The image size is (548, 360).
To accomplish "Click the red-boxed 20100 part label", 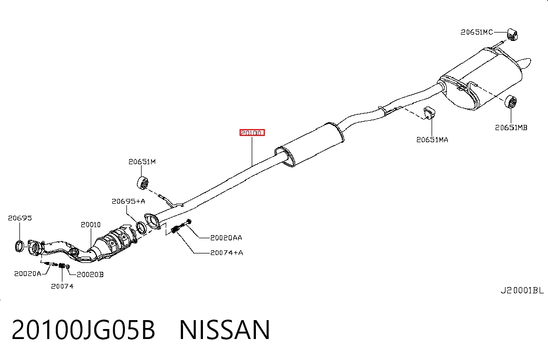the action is pos(252,133).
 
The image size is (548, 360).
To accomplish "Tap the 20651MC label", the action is pos(477,32).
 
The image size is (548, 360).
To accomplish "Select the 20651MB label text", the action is pos(511,128).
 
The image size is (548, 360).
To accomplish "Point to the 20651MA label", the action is pos(432,140).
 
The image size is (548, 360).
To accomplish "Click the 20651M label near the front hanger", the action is pos(142,162).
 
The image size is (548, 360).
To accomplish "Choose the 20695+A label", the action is pos(128,201).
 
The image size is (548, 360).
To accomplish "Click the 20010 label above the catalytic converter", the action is pos(91,225).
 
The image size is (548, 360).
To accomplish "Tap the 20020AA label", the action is pos(226,238).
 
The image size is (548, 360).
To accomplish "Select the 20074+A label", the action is pos(227,252).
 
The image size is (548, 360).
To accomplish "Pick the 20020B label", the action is pos(90,274).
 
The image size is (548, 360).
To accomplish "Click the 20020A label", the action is pos(28,273).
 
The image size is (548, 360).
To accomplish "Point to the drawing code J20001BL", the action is pos(522,290).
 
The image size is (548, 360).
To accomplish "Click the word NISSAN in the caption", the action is pos(225,330).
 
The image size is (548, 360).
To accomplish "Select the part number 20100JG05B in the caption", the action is pos(83,330).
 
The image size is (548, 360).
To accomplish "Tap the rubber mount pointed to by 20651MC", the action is pos(512,34).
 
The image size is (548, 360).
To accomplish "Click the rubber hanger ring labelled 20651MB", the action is pos(511,101).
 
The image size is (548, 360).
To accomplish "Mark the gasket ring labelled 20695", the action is pos(19,246).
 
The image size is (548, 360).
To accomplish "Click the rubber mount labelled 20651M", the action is pos(143,184).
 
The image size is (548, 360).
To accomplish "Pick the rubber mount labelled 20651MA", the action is pos(429,113).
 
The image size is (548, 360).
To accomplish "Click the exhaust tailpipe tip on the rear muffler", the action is pos(525,64).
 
